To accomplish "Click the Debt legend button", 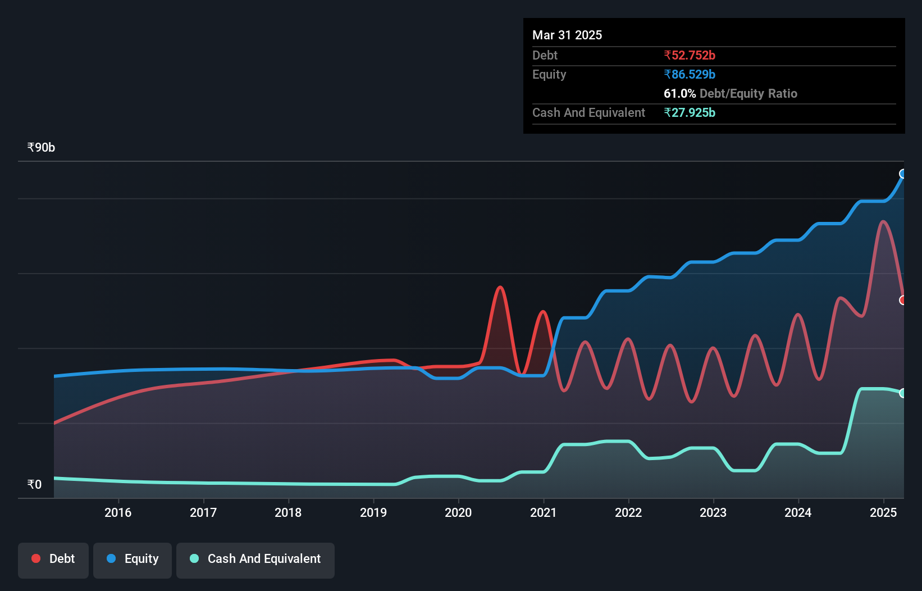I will point(53,559).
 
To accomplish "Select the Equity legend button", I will point(133,559).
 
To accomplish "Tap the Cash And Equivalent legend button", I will point(255,559).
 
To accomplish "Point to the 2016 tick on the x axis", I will point(118,512).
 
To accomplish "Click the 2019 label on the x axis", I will point(373,512).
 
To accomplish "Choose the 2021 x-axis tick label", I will point(543,512).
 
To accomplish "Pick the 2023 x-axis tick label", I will point(713,512).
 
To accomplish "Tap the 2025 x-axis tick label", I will point(883,512).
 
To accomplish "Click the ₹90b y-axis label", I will point(41,148).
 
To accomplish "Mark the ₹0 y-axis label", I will point(34,484).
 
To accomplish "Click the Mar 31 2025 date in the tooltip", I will point(567,35).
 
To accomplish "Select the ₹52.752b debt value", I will point(690,55).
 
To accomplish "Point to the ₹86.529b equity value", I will point(690,74).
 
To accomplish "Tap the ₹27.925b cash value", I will point(690,112).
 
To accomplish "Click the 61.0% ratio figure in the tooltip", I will point(679,93).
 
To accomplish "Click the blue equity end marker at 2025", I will point(903,174).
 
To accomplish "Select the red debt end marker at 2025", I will point(903,300).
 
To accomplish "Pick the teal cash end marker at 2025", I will point(903,393).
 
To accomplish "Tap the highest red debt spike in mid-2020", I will point(500,288).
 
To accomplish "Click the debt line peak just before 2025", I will point(883,221).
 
